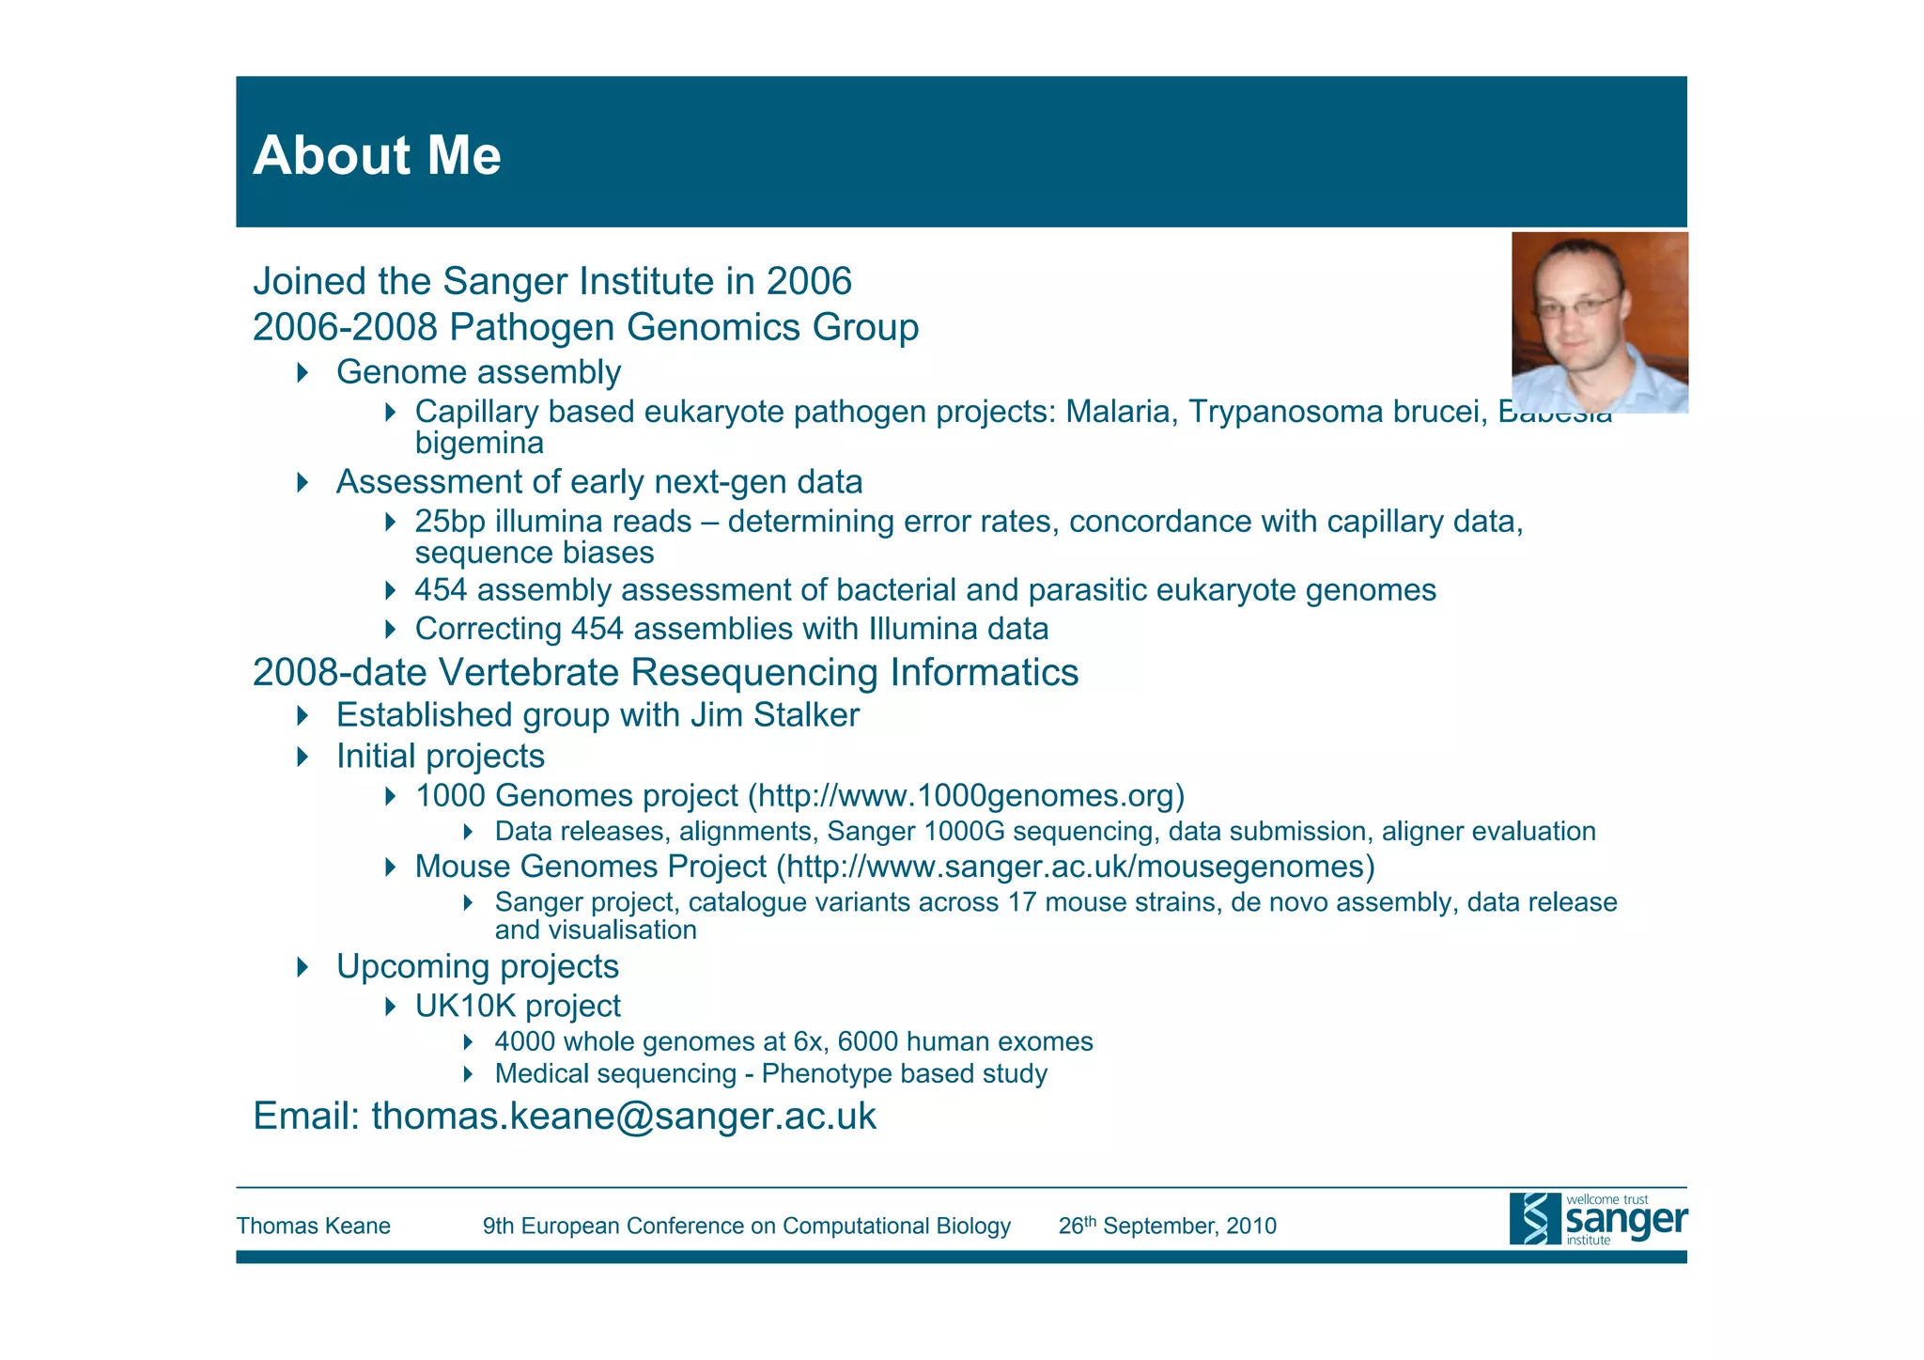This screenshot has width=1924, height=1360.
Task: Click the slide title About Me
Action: (x=377, y=155)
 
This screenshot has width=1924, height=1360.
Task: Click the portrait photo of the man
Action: (x=1599, y=322)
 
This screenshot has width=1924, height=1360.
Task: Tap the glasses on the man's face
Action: (x=1577, y=305)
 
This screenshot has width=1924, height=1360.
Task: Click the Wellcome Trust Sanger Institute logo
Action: (x=1597, y=1219)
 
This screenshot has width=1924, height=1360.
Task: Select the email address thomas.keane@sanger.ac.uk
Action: (x=624, y=1117)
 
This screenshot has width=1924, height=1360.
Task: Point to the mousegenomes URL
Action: (x=1079, y=867)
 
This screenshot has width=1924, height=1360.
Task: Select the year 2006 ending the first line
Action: (x=809, y=282)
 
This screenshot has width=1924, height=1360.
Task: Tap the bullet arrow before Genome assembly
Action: (x=303, y=372)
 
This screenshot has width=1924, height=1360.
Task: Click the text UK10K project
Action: (x=518, y=1007)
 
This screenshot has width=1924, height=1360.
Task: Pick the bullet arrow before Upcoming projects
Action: (x=303, y=967)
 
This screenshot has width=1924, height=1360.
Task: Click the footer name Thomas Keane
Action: (x=313, y=1227)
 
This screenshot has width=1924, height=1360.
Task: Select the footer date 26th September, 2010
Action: (x=1167, y=1227)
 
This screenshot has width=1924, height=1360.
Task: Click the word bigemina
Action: (x=479, y=443)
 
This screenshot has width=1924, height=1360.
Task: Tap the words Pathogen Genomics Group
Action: (x=684, y=327)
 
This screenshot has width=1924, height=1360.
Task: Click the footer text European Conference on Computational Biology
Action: (x=766, y=1227)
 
